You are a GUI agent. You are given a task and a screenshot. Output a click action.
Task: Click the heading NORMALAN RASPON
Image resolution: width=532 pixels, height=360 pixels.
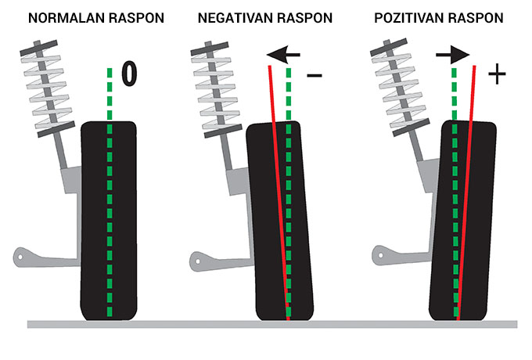[x=96, y=16]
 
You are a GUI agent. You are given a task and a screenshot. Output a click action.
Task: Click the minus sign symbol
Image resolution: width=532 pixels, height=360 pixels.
[x=315, y=77]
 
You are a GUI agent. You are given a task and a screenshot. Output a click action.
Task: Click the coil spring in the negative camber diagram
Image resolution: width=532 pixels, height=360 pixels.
[x=214, y=86]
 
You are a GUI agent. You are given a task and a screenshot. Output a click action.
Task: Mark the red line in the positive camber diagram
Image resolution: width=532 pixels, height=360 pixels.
[x=466, y=196]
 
